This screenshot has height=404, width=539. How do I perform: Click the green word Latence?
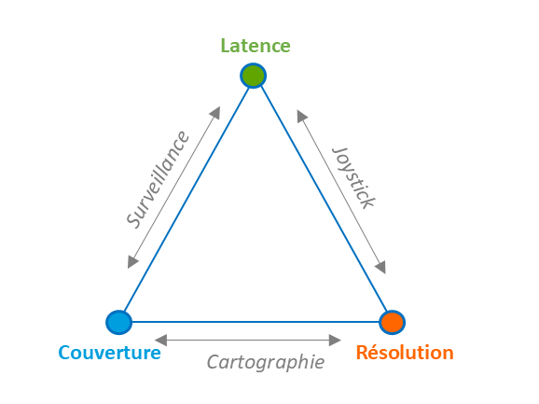click(256, 46)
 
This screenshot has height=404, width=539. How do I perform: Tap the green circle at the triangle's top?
click(254, 76)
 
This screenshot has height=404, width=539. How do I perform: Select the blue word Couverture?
click(110, 353)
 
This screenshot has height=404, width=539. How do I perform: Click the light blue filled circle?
click(119, 322)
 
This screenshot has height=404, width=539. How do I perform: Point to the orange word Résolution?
click(405, 352)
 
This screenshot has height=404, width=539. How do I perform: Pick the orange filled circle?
click(392, 322)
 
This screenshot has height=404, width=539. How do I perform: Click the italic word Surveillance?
click(159, 179)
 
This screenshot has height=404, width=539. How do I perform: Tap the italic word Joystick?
click(353, 177)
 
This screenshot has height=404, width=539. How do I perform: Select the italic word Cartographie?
click(266, 362)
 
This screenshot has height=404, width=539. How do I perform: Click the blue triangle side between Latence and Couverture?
click(186, 199)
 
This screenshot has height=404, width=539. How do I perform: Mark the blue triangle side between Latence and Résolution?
click(324, 199)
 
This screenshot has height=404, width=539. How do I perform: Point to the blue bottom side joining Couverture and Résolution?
click(256, 322)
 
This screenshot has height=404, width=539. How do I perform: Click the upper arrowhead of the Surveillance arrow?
click(215, 113)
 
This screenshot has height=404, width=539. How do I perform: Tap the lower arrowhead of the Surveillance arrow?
click(132, 262)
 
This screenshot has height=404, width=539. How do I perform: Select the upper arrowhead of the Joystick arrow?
click(301, 116)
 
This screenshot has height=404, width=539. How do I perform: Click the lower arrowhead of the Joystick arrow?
click(380, 268)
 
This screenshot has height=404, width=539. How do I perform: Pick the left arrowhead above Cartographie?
click(161, 340)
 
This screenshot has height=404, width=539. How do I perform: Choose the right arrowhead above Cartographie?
click(335, 340)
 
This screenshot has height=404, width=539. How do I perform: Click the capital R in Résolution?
click(362, 353)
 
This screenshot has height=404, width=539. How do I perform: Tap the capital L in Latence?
click(225, 46)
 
